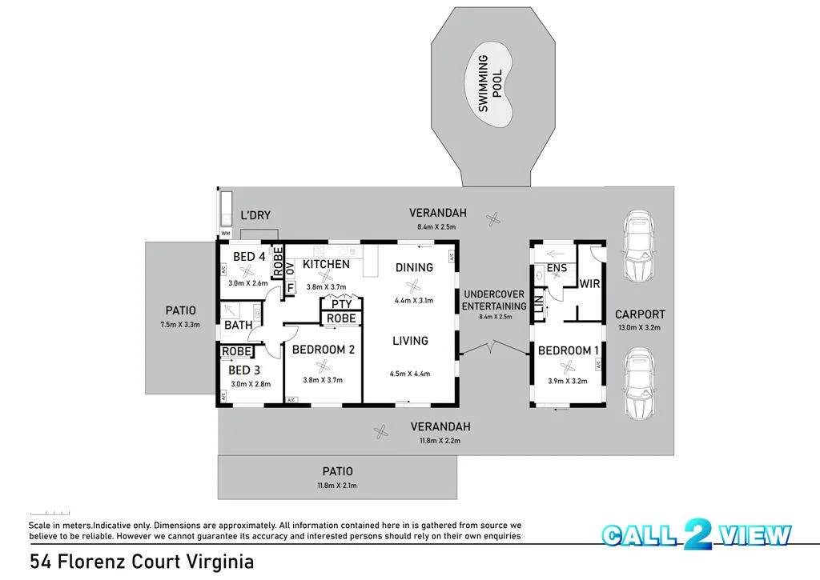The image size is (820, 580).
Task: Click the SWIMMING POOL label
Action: (x=490, y=84)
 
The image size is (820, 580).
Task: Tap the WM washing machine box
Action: (x=225, y=233)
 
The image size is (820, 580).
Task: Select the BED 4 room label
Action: (x=249, y=257)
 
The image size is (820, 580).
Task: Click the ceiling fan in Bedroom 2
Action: (x=323, y=366)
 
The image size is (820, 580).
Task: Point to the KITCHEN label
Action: (x=327, y=264)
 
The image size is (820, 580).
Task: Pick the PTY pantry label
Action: (x=341, y=304)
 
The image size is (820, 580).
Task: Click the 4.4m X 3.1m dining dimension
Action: (x=414, y=301)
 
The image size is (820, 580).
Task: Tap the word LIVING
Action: (x=410, y=341)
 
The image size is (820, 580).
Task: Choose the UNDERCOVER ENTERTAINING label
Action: (x=493, y=301)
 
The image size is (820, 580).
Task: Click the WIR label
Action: (x=589, y=284)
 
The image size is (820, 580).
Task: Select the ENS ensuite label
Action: (x=557, y=268)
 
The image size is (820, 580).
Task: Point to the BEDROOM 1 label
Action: (x=569, y=350)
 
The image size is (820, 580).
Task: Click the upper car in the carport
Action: (x=638, y=245)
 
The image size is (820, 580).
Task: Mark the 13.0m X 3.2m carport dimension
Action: (x=640, y=328)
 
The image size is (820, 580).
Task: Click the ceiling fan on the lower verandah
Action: (x=381, y=432)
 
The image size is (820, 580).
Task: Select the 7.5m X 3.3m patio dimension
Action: (x=180, y=325)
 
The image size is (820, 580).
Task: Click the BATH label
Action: (x=239, y=325)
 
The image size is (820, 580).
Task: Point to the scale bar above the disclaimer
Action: (x=50, y=513)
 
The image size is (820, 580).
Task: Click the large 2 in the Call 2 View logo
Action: (x=698, y=534)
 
